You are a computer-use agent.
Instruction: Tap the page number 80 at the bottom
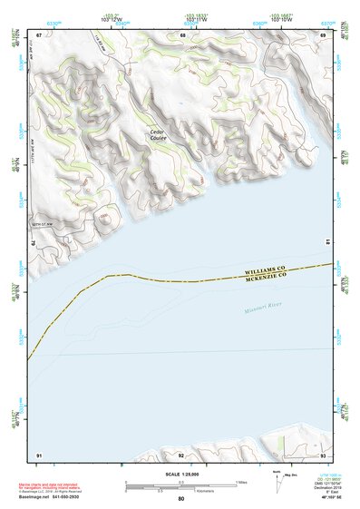point(181,499)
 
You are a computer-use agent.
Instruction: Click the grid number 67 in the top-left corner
point(39,34)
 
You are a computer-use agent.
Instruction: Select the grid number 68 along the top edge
point(182,34)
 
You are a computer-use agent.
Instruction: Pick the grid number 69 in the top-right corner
point(323,34)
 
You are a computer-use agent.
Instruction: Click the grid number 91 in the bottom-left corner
point(39,454)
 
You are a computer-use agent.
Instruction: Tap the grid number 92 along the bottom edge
point(181,454)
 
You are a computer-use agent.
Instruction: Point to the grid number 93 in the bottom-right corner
point(323,454)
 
